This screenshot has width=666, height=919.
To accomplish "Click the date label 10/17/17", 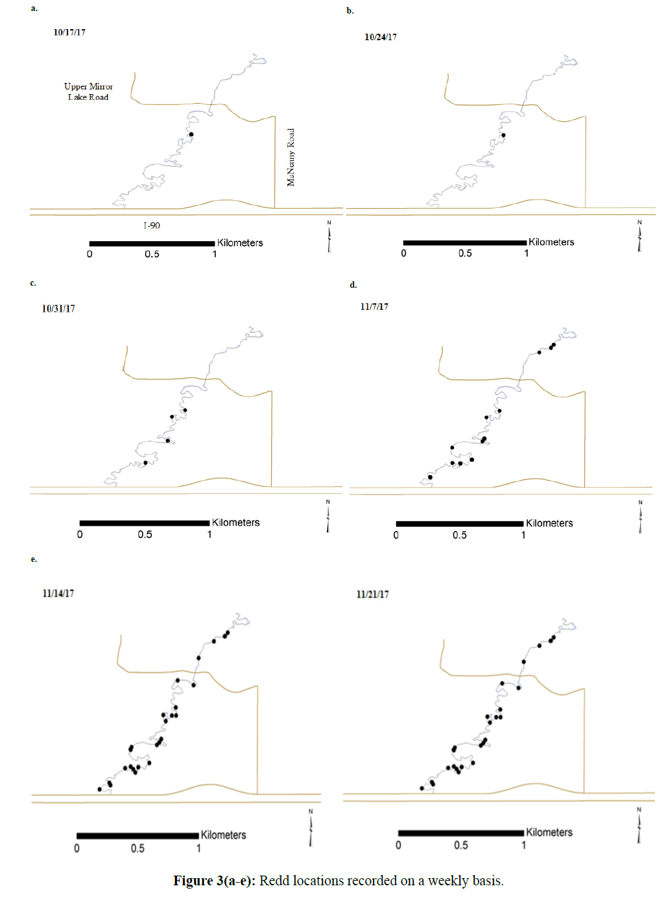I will point(69,32).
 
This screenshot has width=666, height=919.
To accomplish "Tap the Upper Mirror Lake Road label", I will point(88,91).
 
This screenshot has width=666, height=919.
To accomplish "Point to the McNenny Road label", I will point(291,157).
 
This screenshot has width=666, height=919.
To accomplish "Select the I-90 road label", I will point(152,226).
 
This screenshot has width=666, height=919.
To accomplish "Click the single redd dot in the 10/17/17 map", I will point(191,135).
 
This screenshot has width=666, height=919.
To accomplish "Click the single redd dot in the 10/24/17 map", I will point(503,135).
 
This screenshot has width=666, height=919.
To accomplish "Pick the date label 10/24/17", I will point(381,37).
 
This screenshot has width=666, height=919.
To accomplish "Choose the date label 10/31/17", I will point(58,308).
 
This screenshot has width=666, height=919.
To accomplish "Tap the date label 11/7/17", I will point(374,307).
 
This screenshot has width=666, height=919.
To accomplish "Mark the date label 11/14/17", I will point(58,593).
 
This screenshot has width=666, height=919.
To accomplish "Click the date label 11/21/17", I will point(373,594).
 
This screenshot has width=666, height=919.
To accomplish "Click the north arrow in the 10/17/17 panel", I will point(329,237).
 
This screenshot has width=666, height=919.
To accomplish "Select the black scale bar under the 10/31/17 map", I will point(145,522).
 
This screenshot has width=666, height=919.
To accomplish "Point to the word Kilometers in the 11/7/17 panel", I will point(549,523).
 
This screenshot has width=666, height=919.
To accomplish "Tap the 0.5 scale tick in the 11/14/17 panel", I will point(137,848).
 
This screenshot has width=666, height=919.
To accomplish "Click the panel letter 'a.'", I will point(34,8).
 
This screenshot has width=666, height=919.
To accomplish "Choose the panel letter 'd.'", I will point(353,285).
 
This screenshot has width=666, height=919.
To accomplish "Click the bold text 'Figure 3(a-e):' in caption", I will point(214,881).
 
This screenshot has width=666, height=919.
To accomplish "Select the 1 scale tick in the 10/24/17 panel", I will point(527,253).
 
